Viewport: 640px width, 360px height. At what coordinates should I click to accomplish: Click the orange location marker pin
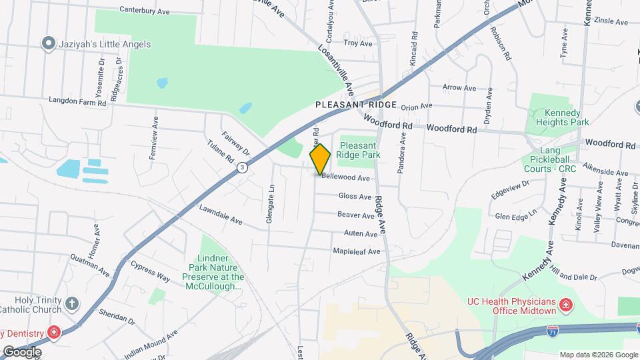pos(320,159)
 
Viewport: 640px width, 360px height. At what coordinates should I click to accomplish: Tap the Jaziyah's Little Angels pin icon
pos(47,44)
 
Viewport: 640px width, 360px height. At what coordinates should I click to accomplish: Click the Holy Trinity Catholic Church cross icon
pos(72,305)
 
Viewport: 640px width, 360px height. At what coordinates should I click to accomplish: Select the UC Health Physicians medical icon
pos(565,305)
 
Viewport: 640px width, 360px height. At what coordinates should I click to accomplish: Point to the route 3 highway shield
pos(243,167)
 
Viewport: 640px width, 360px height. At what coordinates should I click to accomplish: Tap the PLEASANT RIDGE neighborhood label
pos(356,105)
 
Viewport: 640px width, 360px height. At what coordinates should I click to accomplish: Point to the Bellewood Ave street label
pos(345,178)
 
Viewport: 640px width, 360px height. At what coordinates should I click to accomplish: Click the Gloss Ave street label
pos(355,197)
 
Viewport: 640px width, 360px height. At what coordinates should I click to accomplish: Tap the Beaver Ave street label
pos(355,215)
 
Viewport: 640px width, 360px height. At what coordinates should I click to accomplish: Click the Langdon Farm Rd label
pos(78,102)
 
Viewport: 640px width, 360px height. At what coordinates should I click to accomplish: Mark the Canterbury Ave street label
pos(145,10)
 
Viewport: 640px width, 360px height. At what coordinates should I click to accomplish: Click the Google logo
pos(22,351)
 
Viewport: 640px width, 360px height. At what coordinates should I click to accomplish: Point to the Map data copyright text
pos(598,355)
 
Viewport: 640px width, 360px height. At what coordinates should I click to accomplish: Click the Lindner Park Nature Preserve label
pos(213,272)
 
